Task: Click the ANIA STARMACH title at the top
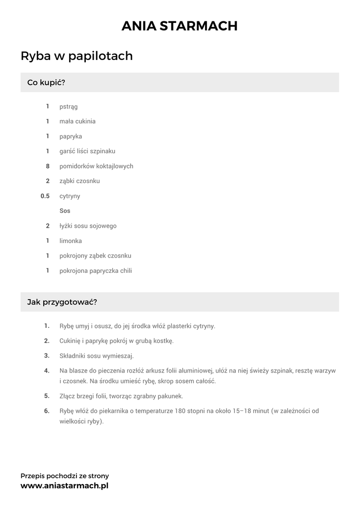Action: pos(180,26)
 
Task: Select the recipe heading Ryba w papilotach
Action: pos(76,56)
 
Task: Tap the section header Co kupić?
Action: pos(46,82)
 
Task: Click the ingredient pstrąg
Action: pos(69,107)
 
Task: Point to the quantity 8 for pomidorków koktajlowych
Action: pos(48,166)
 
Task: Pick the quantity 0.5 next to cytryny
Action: pos(45,196)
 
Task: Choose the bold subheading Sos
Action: pos(65,211)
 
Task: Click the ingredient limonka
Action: pos(71,241)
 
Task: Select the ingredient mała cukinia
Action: pos(77,122)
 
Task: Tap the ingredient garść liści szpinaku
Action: pos(87,151)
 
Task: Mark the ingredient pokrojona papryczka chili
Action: pos(96,271)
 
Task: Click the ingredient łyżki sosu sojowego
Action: pos(88,226)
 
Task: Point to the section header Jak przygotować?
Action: pos(62,302)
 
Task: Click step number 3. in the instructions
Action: pos(47,356)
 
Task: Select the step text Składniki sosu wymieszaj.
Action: pos(97,356)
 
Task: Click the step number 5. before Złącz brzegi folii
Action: pos(47,396)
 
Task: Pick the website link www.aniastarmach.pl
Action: pos(65,486)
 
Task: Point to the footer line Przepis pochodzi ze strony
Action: pos(65,476)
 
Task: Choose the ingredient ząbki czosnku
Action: pos(79,181)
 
